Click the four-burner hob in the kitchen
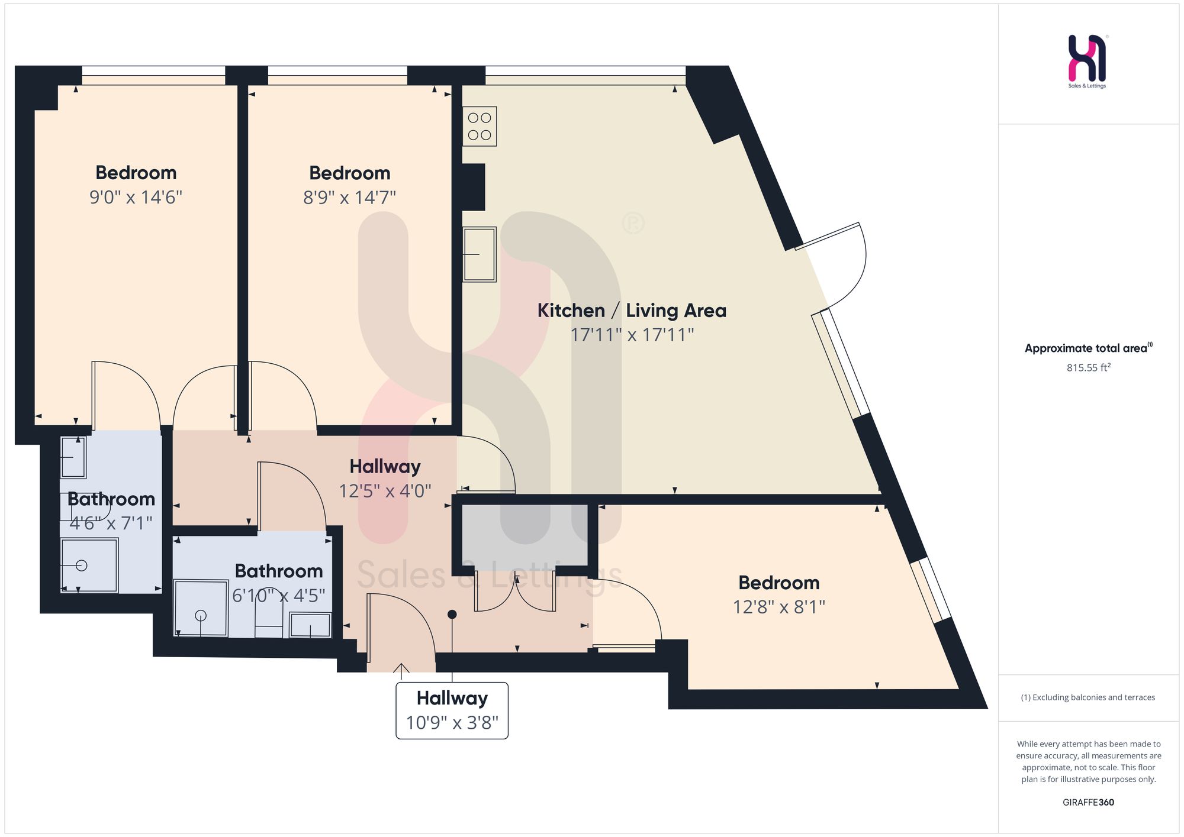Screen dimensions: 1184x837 tap(480, 127)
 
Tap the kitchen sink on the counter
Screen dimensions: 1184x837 tap(480, 254)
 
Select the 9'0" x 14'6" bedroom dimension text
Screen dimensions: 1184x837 tap(136, 197)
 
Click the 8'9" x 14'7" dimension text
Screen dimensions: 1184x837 tap(349, 197)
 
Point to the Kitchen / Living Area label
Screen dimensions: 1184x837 tap(632, 311)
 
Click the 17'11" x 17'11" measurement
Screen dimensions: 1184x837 tap(632, 335)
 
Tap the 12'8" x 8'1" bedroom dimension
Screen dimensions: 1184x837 tap(779, 607)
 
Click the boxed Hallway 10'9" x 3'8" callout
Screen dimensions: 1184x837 tap(452, 710)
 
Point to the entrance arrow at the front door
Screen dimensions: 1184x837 tap(401, 671)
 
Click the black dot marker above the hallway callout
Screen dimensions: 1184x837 tap(452, 615)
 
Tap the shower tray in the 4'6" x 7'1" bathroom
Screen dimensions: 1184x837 tap(89, 565)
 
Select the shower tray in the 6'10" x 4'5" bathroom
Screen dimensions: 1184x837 tap(201, 608)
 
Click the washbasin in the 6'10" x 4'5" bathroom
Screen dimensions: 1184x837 tap(310, 625)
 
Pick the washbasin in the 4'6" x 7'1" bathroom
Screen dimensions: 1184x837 tap(73, 457)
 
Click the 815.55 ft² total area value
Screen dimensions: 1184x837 tap(1089, 367)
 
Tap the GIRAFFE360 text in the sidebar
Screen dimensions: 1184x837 tap(1088, 803)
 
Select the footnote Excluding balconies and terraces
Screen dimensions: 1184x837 tap(1088, 697)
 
